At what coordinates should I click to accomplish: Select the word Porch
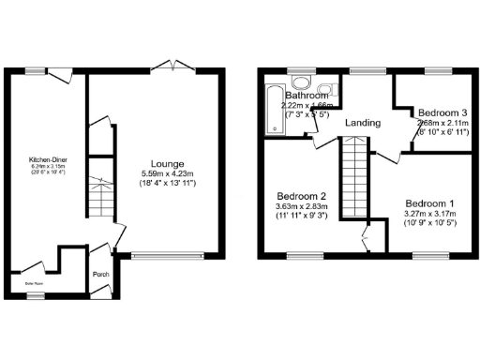tap(101, 275)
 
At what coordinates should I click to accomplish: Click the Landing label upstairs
tap(362, 123)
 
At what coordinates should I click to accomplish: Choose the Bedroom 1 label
tap(430, 203)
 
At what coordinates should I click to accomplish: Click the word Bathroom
tap(307, 96)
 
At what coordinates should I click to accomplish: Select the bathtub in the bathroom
tap(272, 109)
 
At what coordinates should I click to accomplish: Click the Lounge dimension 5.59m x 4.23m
tap(167, 174)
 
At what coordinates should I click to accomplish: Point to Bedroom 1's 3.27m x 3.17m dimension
tap(431, 214)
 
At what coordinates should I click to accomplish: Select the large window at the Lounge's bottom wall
tap(167, 254)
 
